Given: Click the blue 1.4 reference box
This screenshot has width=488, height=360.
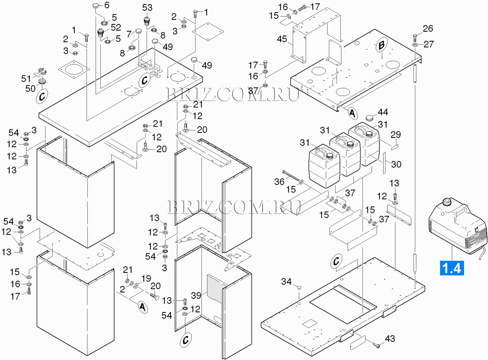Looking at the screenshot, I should point(452,268).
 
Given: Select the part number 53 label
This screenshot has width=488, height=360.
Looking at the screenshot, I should point(147,8).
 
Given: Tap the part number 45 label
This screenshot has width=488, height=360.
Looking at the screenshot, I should point(282,39).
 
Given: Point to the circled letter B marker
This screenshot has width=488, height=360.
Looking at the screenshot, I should point(381,45).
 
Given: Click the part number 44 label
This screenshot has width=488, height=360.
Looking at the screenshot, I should point(383,112).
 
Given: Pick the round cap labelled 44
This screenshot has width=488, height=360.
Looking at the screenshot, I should point(369,118).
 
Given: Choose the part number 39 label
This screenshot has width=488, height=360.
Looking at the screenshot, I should point(196,296).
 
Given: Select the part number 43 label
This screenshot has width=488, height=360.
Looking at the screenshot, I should point(390,339).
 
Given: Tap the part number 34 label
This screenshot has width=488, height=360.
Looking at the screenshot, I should point(286,281).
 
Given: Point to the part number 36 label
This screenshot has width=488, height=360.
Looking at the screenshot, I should point(279,182).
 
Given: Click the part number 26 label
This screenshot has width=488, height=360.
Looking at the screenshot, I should point(428,29).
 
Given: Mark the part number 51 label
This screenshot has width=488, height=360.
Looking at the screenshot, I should point(26,79).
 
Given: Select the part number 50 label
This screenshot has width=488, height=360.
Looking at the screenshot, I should point(30,88).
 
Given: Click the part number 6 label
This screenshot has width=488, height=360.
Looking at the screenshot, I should point(107,5).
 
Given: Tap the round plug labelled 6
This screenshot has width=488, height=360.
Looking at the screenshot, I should point(96,6).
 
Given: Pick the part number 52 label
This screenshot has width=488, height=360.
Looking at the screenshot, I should point(116,27).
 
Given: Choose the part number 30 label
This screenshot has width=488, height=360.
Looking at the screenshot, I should point(396,164).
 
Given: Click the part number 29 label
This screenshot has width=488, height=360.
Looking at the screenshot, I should point(395,135).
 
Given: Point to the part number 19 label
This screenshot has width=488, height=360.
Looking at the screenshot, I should point(146,278).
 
